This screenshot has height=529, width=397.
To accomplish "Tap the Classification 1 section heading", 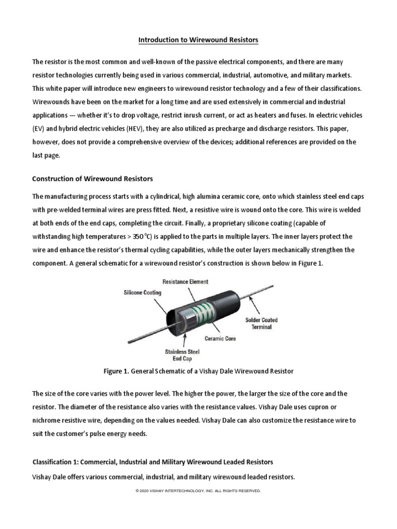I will tap(152, 461).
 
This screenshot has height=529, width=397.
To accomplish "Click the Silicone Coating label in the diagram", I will tap(142, 292).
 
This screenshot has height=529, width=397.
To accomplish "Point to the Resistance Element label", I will tap(186, 282).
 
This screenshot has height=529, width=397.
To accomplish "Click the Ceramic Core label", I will tap(220, 339).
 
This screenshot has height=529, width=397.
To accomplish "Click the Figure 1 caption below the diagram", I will tap(198, 371).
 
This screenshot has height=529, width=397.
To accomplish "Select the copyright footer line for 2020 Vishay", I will tap(198, 491).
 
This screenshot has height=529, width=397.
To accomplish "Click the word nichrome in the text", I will tap(47, 421).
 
